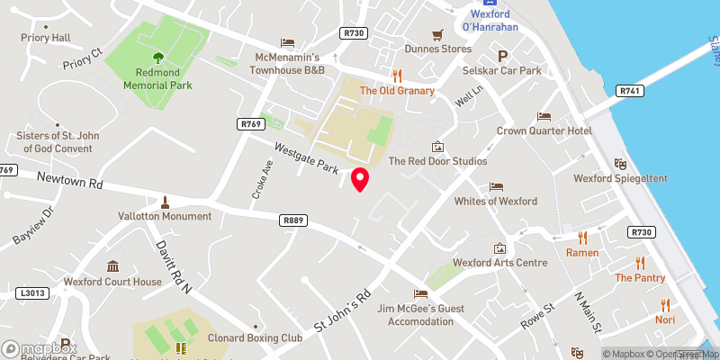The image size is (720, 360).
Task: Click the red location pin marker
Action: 360,179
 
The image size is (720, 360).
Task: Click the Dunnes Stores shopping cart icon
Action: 437,34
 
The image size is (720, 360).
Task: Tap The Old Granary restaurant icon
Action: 396,76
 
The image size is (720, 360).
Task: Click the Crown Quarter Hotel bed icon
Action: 544,116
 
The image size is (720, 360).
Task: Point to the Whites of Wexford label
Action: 496,201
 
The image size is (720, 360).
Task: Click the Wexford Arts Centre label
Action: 499,263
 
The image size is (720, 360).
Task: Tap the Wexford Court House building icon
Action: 112,266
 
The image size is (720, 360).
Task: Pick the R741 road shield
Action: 627,91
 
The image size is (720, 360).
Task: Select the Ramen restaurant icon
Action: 582,238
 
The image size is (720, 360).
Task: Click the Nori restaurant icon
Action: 665,305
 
